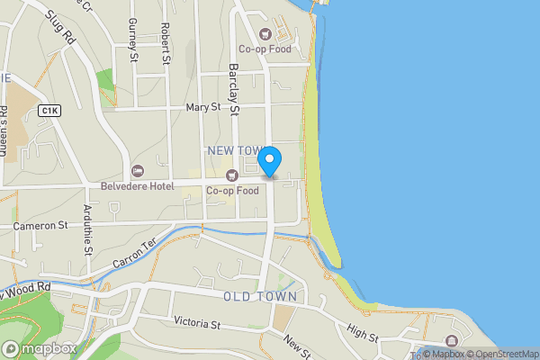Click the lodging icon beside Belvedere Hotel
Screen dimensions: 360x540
tap(138, 171)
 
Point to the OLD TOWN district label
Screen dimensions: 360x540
tap(259, 296)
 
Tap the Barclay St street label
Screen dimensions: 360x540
tap(232, 90)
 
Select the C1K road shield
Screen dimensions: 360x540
tap(49, 110)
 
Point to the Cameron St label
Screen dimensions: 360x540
tap(40, 226)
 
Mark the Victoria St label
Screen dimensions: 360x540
tap(197, 322)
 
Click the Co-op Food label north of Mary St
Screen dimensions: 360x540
tap(265, 49)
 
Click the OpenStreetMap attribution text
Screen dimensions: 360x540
tap(502, 354)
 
